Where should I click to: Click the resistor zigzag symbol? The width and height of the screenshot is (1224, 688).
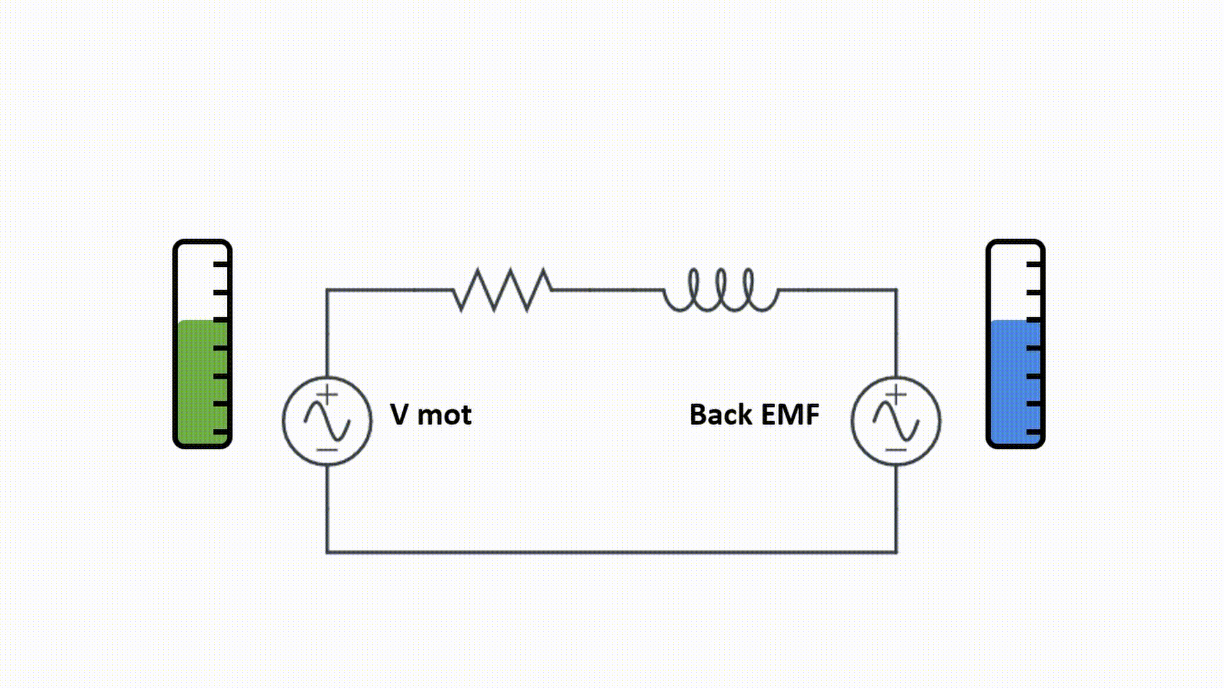click(x=502, y=290)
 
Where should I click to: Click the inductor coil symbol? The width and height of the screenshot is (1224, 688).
click(x=721, y=291)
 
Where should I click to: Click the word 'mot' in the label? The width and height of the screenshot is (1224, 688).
click(x=444, y=415)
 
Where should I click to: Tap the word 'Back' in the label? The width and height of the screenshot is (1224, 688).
click(x=721, y=415)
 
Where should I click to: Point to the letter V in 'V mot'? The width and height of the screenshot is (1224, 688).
click(x=399, y=415)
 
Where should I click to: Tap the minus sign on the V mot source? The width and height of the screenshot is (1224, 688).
click(x=327, y=450)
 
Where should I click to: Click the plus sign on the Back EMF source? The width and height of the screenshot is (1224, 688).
click(x=896, y=395)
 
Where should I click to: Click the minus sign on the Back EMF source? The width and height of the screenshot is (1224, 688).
click(x=896, y=450)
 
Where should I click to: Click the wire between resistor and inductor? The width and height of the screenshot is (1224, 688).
click(x=607, y=290)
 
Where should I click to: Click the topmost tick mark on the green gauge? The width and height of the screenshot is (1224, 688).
click(x=221, y=263)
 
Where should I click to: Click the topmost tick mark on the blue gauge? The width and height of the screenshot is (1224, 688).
click(x=1033, y=263)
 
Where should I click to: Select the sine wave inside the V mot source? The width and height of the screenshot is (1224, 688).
click(x=327, y=422)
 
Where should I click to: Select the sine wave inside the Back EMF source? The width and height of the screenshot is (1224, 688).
click(x=896, y=422)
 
